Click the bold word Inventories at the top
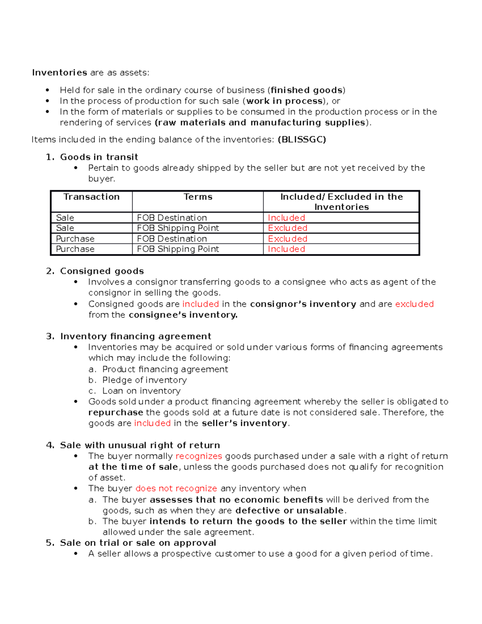click(x=59, y=73)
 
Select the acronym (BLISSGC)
click(x=302, y=139)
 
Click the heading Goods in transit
click(x=99, y=157)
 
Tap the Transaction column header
click(x=92, y=197)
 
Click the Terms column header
click(x=198, y=197)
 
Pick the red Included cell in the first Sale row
click(x=286, y=218)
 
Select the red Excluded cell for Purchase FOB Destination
click(x=288, y=239)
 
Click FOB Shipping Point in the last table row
click(x=178, y=249)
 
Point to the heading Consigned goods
click(x=102, y=271)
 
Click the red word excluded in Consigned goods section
click(x=414, y=304)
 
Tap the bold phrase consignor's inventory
click(x=303, y=304)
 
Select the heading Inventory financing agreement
click(x=136, y=336)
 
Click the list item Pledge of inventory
click(x=145, y=380)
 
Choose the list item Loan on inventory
click(x=141, y=391)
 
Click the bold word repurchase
click(x=116, y=413)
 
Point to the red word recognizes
click(x=199, y=456)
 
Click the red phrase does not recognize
click(x=176, y=489)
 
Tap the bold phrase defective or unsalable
click(x=290, y=511)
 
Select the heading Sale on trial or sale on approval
click(x=138, y=543)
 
